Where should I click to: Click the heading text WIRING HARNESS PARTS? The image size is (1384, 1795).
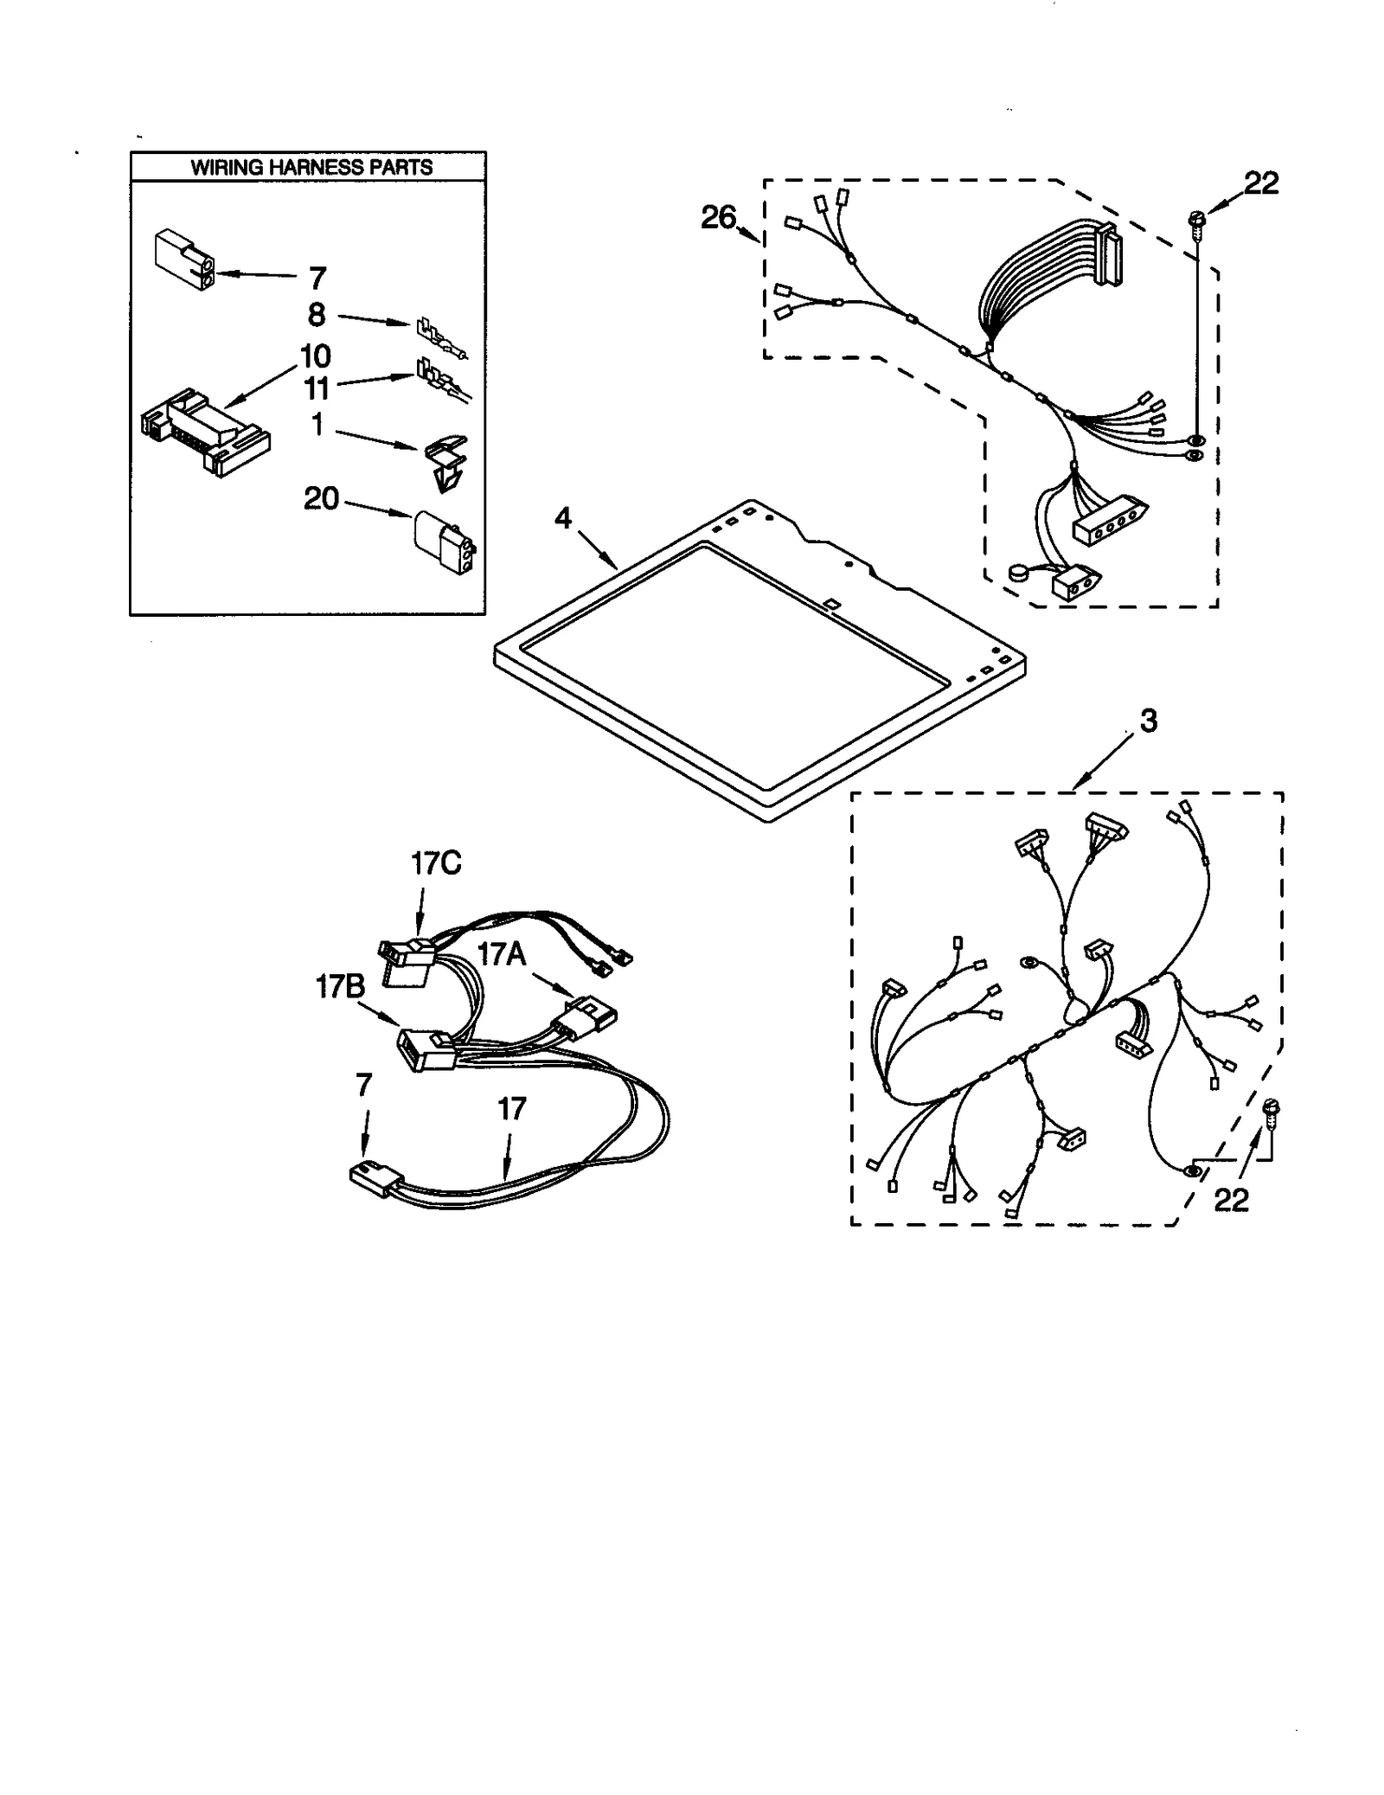pyautogui.click(x=311, y=167)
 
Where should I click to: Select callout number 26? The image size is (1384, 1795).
pyautogui.click(x=718, y=218)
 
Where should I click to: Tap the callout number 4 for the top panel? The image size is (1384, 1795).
pyautogui.click(x=563, y=518)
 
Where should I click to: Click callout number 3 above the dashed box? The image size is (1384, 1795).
pyautogui.click(x=1148, y=721)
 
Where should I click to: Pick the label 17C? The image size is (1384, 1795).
pyautogui.click(x=435, y=862)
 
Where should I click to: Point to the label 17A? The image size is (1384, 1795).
pyautogui.click(x=502, y=954)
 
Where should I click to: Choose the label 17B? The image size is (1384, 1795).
pyautogui.click(x=339, y=987)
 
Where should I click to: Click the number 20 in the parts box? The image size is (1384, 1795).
pyautogui.click(x=321, y=498)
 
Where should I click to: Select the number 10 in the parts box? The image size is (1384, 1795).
pyautogui.click(x=315, y=356)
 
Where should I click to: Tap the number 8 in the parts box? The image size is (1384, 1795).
pyautogui.click(x=317, y=315)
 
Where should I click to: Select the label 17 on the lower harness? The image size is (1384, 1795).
pyautogui.click(x=511, y=1108)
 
